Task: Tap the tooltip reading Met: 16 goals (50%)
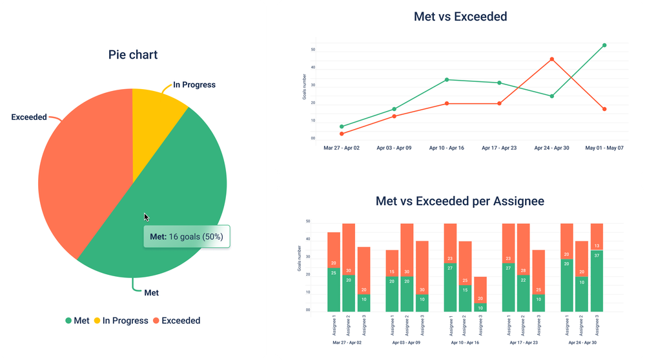pyautogui.click(x=187, y=237)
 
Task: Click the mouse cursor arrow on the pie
pyautogui.click(x=147, y=217)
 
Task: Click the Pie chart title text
pyautogui.click(x=132, y=55)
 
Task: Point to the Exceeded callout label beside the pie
pyautogui.click(x=29, y=117)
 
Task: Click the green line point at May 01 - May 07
pyautogui.click(x=604, y=45)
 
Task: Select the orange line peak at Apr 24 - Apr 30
pyautogui.click(x=552, y=59)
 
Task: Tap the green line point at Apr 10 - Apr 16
pyautogui.click(x=447, y=80)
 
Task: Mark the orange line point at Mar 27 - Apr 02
pyautogui.click(x=342, y=134)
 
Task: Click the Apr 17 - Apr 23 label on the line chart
pyautogui.click(x=499, y=148)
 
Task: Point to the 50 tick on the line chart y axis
pyautogui.click(x=312, y=49)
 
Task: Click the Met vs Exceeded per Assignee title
pyautogui.click(x=460, y=201)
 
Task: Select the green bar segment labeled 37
pyautogui.click(x=597, y=281)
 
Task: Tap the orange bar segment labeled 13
pyautogui.click(x=597, y=237)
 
